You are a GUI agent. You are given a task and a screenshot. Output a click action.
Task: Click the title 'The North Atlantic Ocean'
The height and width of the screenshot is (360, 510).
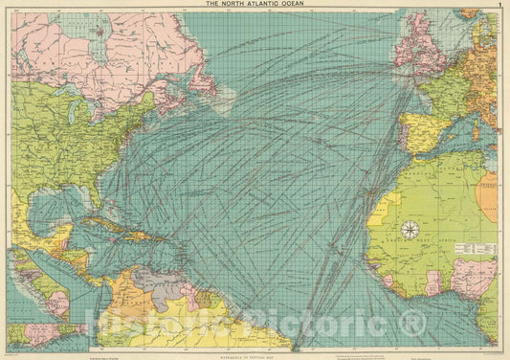coord(255,5)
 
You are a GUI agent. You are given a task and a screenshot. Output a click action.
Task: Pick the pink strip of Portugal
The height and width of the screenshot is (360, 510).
coord(402,133)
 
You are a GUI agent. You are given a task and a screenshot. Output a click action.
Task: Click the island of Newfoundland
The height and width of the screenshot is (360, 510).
coord(202,80)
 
